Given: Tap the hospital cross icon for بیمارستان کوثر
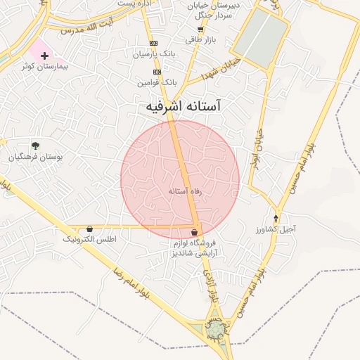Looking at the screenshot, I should point(44,55).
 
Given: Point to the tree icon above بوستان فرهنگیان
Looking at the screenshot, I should point(35,146).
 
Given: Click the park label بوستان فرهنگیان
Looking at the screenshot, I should point(35,157).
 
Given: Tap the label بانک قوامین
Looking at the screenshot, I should point(155,82).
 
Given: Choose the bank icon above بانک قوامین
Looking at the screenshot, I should point(156,72).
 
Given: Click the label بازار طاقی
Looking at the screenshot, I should point(199,40).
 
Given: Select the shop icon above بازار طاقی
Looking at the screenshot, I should point(200,30).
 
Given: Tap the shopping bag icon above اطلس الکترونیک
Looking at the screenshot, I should point(89,229).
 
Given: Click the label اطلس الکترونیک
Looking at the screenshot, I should point(89,240).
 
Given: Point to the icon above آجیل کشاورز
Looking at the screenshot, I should point(276,218).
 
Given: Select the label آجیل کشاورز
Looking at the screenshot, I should point(280,229).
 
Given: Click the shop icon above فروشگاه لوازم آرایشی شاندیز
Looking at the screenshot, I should point(194,233).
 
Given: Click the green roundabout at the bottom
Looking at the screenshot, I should point(215,329).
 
